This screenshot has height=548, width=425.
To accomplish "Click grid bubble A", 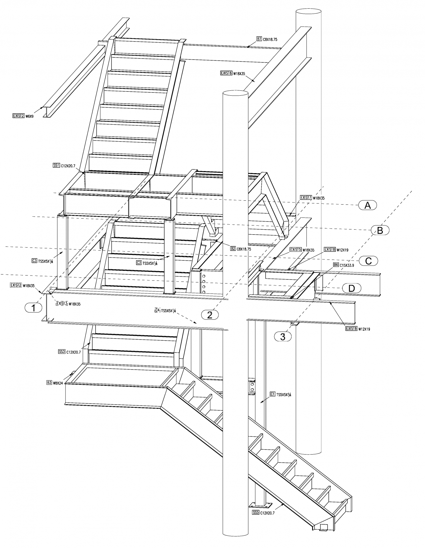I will pyautogui.click(x=368, y=205).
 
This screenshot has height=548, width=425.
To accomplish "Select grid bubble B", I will pyautogui.click(x=380, y=230).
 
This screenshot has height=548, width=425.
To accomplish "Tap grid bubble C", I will pyautogui.click(x=368, y=261).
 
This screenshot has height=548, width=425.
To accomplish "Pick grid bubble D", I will pyautogui.click(x=351, y=288).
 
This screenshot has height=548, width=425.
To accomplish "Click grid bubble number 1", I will pyautogui.click(x=33, y=308).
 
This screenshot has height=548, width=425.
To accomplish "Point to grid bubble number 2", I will pyautogui.click(x=210, y=315).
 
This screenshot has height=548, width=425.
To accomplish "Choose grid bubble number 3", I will pyautogui.click(x=283, y=337).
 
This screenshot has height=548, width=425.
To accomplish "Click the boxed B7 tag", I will pyautogui.click(x=259, y=39).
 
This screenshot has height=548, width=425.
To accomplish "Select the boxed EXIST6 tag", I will pyautogui.click(x=226, y=73).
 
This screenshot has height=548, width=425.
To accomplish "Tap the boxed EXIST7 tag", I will pyautogui.click(x=305, y=197).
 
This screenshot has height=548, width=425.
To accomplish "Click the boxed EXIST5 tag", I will pyautogui.click(x=296, y=250).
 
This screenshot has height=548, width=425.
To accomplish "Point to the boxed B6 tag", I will pyautogui.click(x=336, y=265).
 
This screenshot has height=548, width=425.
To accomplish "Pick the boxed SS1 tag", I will pyautogui.click(x=56, y=165).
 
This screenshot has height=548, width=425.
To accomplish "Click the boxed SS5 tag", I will pyautogui.click(x=255, y=512).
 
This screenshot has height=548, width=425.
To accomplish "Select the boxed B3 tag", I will pyautogui.click(x=49, y=383).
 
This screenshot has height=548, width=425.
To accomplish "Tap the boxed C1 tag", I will pyautogui.click(x=272, y=394).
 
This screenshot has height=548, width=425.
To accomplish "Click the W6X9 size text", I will pyautogui.click(x=30, y=116).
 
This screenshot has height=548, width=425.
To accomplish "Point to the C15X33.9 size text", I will pyautogui.click(x=347, y=265).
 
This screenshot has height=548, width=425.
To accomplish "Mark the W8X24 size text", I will pyautogui.click(x=58, y=383).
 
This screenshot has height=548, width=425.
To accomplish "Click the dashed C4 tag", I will pyautogui.click(x=157, y=310).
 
